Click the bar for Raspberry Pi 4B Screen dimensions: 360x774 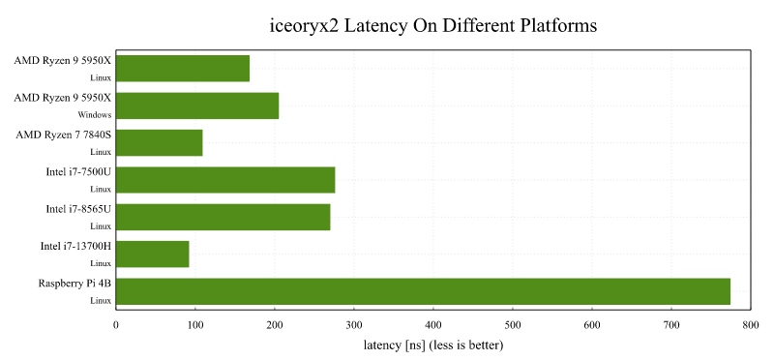pos(423,291)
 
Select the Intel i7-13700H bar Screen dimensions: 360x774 pos(153,255)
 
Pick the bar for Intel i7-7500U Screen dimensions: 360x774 pos(225,180)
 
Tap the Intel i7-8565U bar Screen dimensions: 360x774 pos(223,217)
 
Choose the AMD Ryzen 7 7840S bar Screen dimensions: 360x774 pos(160,142)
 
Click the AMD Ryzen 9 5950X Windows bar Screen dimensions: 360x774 pos(197,105)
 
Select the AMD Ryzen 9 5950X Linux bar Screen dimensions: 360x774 pos(183,69)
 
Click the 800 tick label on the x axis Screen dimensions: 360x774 pos(750,326)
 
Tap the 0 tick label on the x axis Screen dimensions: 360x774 pos(116,326)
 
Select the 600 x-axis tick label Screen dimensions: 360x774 pos(591,326)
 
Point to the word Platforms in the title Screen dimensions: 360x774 pos(554,25)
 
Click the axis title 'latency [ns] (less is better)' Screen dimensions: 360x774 pos(433,345)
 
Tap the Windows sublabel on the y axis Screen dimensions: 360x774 pos(96,114)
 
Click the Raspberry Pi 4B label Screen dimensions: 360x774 pos(74,283)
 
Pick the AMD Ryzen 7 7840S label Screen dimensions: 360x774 pos(64,135)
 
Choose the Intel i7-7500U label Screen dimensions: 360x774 pos(78,171)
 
